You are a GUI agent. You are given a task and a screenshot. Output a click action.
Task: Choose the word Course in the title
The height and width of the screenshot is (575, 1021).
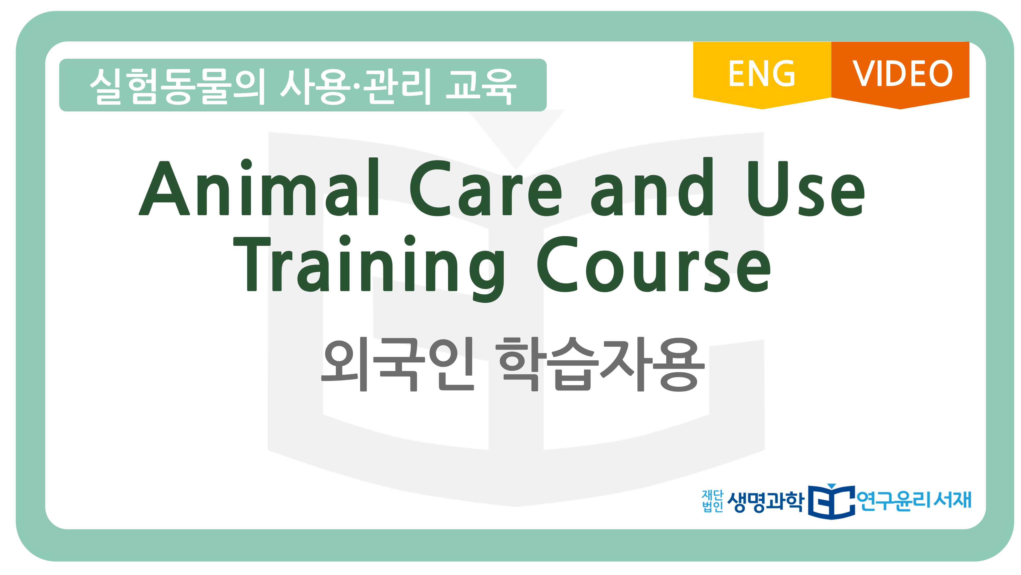tap(654, 264)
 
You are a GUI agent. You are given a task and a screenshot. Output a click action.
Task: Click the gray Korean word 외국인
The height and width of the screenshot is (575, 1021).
tap(397, 364)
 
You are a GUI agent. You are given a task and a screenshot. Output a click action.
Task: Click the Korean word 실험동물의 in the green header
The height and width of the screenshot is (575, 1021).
tap(177, 86)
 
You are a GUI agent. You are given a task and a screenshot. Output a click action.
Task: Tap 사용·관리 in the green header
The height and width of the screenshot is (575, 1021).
tap(356, 86)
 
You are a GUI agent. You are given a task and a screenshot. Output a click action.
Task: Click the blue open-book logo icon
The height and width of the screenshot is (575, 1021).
tap(832, 501)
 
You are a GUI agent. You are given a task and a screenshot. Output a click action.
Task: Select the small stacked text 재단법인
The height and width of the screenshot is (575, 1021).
tap(712, 501)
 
